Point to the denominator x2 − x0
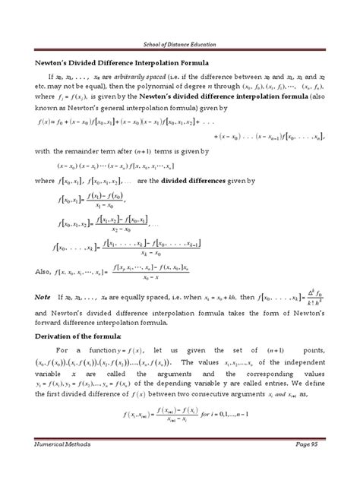(118, 229)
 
